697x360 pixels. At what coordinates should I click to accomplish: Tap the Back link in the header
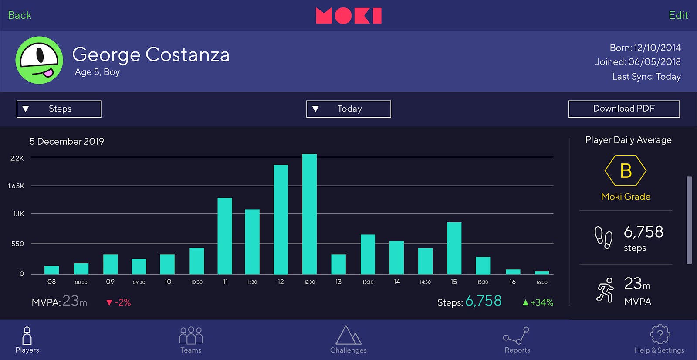(20, 15)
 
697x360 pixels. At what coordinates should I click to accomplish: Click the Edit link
(678, 15)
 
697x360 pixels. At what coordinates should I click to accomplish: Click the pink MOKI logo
(348, 16)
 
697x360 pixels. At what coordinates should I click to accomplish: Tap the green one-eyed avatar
(39, 60)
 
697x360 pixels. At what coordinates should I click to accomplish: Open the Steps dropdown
(59, 109)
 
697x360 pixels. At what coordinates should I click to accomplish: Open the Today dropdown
(348, 109)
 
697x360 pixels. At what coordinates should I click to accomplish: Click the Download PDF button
(624, 109)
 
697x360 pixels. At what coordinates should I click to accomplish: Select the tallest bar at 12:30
(309, 214)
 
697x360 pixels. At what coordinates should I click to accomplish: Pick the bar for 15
(454, 248)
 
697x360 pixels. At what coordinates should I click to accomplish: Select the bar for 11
(225, 236)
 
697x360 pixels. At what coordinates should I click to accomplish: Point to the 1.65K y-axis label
(16, 186)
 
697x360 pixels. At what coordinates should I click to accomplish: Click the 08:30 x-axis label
(81, 282)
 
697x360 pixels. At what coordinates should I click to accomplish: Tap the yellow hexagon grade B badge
(626, 171)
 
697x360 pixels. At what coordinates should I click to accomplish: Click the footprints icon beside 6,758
(603, 238)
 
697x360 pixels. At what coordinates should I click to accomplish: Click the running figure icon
(605, 290)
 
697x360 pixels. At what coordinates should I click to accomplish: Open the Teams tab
(191, 340)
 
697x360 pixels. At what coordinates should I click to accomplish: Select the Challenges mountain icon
(348, 335)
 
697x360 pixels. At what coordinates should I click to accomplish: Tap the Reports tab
(517, 340)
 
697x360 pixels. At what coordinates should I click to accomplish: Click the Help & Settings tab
(659, 340)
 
